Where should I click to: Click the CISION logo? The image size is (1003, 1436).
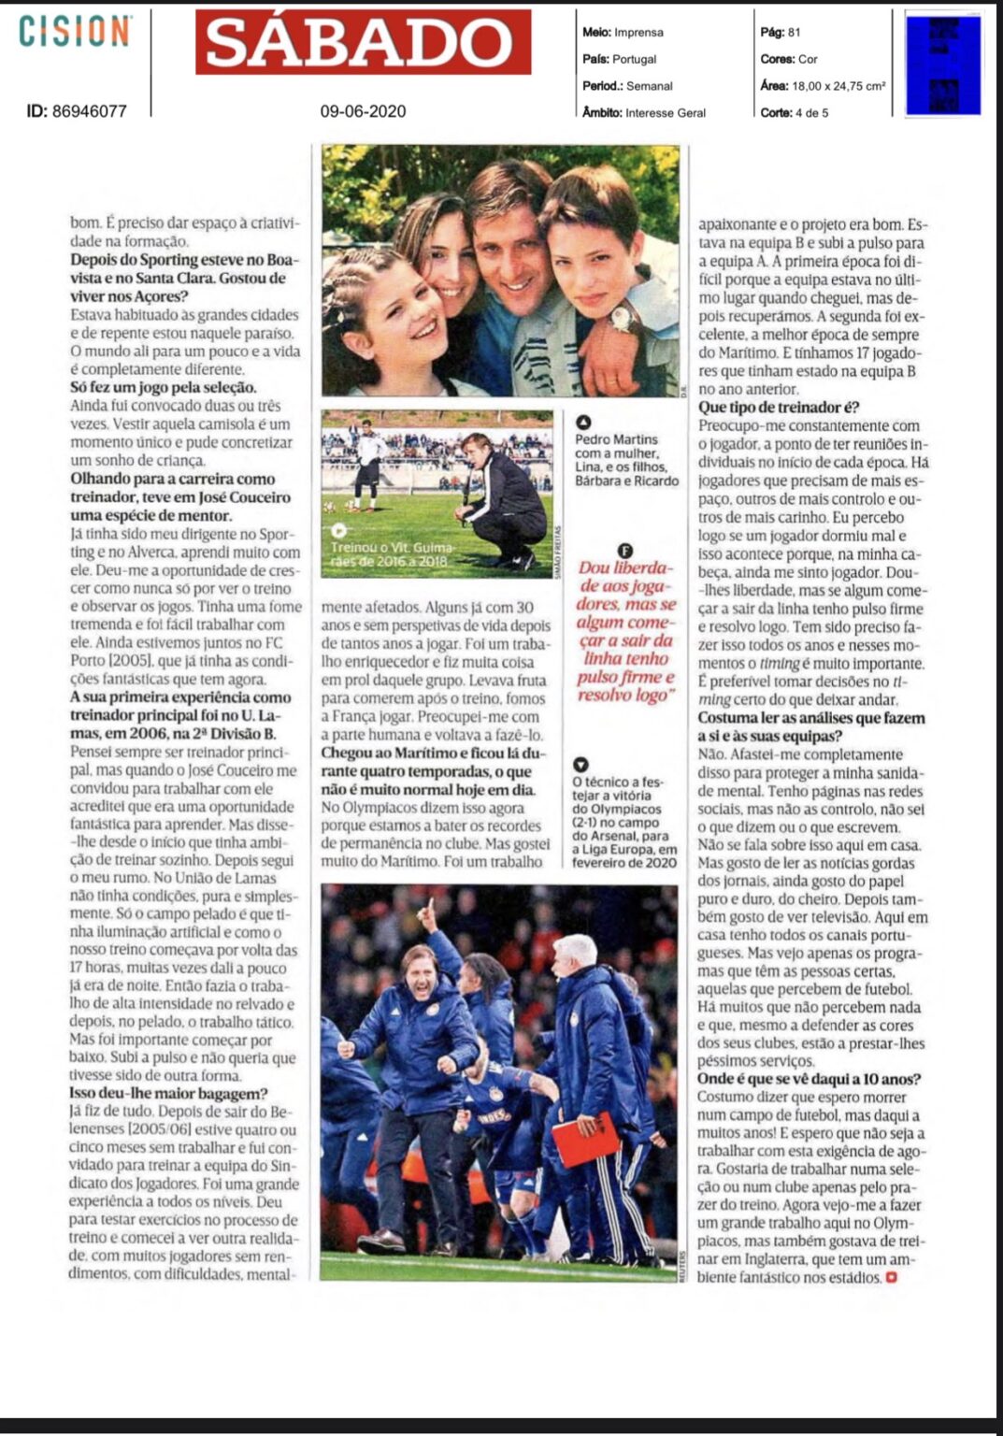(x=75, y=31)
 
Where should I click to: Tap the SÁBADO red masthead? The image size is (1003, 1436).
(x=363, y=43)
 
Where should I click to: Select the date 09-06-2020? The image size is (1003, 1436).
(x=363, y=111)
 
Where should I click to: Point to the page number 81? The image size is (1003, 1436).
(x=794, y=32)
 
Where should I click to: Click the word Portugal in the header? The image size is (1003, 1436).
(x=634, y=59)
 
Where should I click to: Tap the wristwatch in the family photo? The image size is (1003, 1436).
(x=624, y=318)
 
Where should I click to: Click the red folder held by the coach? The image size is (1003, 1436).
(x=586, y=1139)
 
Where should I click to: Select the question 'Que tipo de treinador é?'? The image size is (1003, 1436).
(x=779, y=408)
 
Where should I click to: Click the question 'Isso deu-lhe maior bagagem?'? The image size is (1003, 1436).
(x=168, y=1094)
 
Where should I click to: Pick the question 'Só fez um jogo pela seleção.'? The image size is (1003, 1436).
(x=163, y=387)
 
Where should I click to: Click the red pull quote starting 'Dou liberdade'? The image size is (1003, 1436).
(x=624, y=631)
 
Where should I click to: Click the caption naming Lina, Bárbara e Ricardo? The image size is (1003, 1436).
(x=626, y=459)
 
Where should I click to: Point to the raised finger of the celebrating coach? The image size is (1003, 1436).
(x=428, y=907)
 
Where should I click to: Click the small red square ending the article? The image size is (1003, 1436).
(x=891, y=1277)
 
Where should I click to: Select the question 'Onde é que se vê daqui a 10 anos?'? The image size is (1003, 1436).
(x=809, y=1079)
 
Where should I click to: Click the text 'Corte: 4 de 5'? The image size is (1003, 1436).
(x=795, y=113)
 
